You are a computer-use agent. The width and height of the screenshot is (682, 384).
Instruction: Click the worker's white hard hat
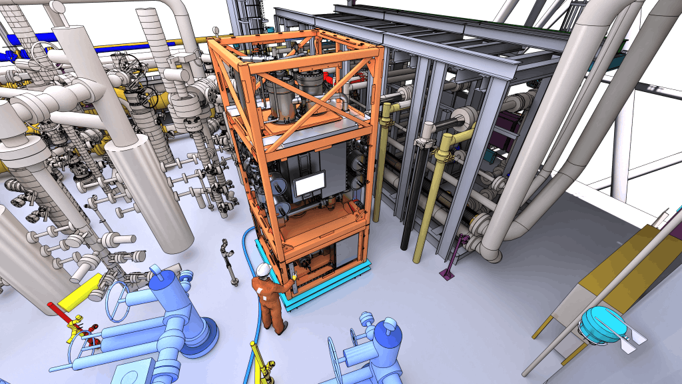tap(264, 269)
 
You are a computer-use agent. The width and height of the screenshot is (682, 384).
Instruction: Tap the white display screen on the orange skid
tap(310, 184)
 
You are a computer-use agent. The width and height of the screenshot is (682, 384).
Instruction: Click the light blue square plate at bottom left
tap(133, 371)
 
